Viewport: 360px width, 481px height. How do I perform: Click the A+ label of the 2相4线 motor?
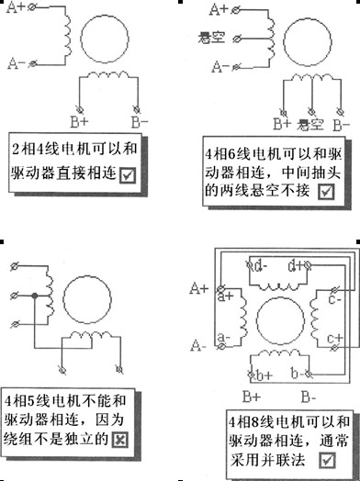tap(16, 7)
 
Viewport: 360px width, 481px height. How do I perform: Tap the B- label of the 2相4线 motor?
tap(140, 122)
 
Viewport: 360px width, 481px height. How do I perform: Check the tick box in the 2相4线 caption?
tap(128, 175)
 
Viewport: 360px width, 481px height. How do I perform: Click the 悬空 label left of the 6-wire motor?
tap(211, 38)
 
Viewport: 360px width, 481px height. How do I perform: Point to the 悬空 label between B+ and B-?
tap(310, 125)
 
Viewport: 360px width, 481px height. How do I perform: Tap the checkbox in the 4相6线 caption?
tap(326, 192)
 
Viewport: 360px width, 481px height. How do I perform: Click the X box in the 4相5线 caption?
tap(120, 440)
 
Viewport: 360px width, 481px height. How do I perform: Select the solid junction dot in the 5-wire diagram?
tap(35, 296)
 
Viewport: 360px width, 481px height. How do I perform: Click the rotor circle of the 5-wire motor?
tap(87, 299)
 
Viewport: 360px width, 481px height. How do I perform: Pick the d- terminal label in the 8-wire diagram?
tap(261, 266)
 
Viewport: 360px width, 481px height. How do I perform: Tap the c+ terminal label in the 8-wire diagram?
tap(335, 339)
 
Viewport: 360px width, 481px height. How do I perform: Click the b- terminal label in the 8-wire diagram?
tap(298, 373)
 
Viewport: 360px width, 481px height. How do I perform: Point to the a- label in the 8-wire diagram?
tap(224, 338)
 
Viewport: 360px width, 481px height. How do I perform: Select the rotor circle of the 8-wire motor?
tap(280, 321)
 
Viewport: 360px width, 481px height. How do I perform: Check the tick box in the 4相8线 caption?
tap(328, 460)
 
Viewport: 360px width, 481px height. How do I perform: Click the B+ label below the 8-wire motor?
tap(252, 397)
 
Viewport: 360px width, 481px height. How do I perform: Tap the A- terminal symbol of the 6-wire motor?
tap(236, 67)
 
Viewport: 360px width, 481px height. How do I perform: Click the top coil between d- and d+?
tap(278, 286)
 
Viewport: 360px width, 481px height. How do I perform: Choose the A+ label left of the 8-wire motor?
tap(199, 288)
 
